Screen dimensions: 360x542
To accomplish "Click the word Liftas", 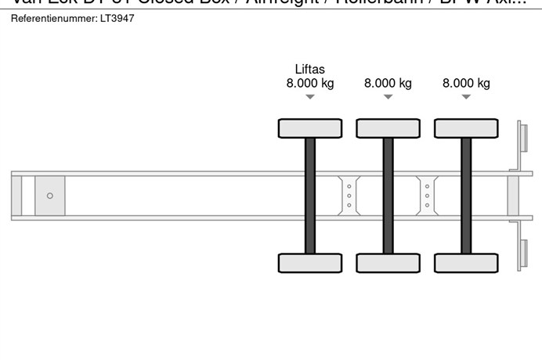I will pos(310,69).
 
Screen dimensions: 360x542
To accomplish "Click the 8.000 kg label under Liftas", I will pos(310,83).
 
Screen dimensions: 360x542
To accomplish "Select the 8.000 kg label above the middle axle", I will pos(388,83).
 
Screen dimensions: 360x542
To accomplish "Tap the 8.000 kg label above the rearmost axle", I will pos(466,83).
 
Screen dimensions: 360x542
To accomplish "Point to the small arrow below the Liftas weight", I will pos(310,97).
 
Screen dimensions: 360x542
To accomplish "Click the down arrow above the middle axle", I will pos(388,97).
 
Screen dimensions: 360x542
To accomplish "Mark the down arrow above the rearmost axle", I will pos(466,97).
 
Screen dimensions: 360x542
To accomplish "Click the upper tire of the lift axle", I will pos(310,128).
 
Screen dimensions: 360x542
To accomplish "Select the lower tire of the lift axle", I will pos(310,263).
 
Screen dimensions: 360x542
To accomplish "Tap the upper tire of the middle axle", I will pos(388,128).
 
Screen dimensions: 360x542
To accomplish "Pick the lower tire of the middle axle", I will pos(388,263).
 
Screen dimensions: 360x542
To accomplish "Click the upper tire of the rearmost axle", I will pos(466,128).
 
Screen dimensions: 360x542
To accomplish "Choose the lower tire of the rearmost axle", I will pos(466,263).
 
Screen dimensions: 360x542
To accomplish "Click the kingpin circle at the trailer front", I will pos(50,196).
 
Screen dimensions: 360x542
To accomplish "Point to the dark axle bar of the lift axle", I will pos(310,196).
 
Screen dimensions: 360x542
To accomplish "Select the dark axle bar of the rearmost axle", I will pos(466,196).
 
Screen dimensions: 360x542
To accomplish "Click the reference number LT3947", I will pos(117,18).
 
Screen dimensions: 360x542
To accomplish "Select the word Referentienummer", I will pos(52,18).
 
